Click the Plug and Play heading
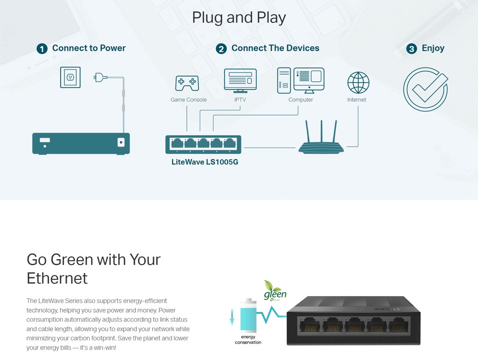239,18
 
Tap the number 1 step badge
42,49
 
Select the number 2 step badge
221,49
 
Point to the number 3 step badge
411,49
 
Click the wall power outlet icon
70,77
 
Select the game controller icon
187,83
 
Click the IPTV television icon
240,81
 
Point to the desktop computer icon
301,80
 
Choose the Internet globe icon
358,83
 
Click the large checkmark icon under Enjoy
425,89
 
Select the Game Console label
188,100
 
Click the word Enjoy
433,48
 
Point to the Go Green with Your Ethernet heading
93,268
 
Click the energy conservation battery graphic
248,316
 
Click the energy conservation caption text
248,339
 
